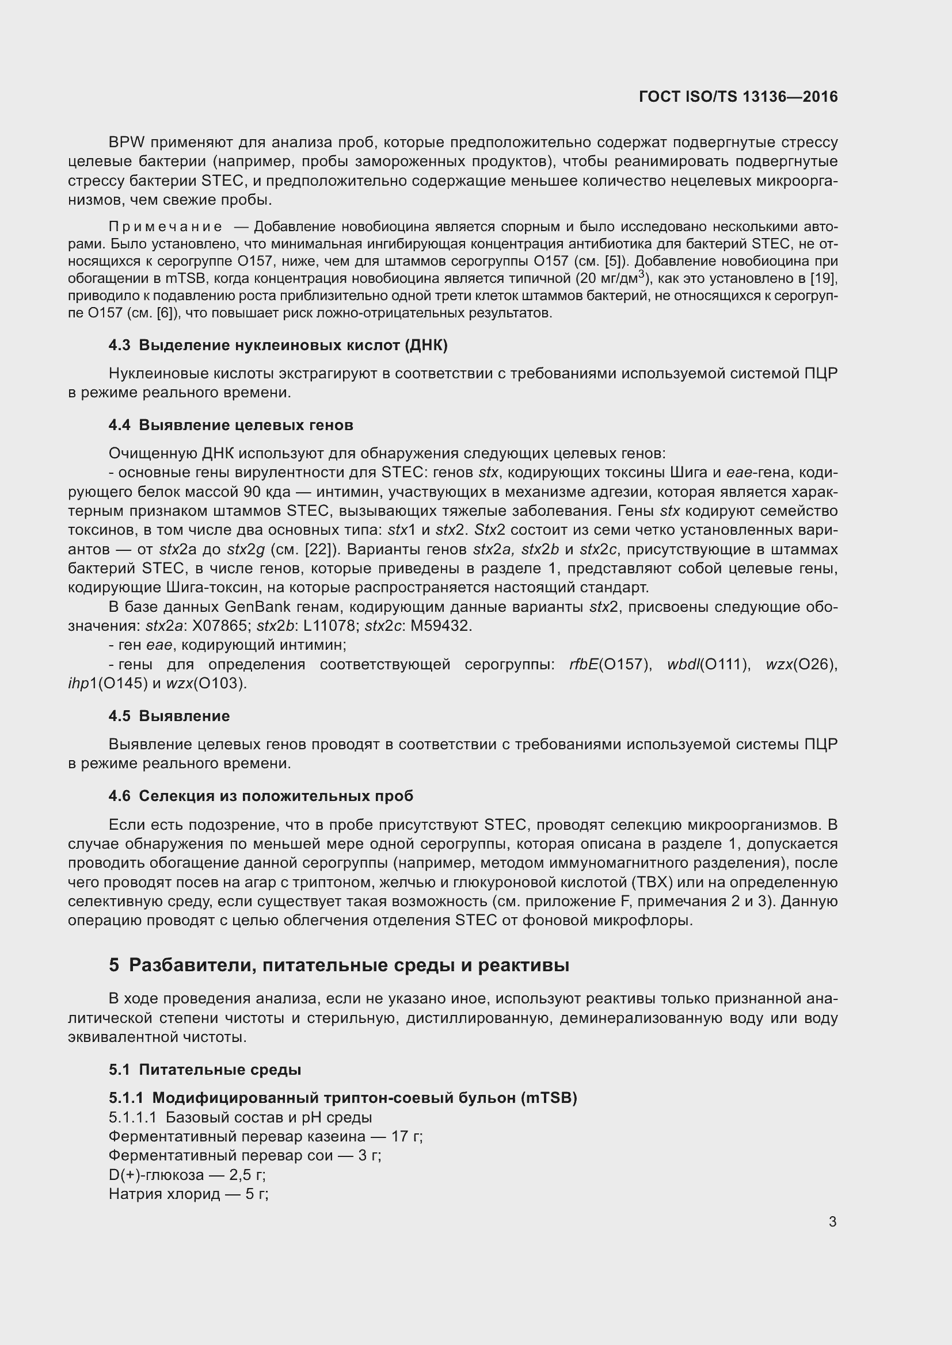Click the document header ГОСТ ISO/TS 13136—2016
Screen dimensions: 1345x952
[738, 97]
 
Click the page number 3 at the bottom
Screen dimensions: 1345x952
[832, 1221]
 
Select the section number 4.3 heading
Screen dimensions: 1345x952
[120, 345]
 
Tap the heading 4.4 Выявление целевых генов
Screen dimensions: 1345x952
[231, 425]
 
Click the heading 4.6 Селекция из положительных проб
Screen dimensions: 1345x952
[261, 795]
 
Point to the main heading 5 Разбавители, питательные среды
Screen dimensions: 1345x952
[339, 965]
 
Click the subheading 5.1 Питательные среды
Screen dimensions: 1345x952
[204, 1070]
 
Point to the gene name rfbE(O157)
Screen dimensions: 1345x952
[610, 664]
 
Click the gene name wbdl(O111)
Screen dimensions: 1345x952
[709, 664]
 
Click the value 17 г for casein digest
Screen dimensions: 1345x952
[406, 1136]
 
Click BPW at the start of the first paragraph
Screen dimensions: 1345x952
[127, 143]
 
